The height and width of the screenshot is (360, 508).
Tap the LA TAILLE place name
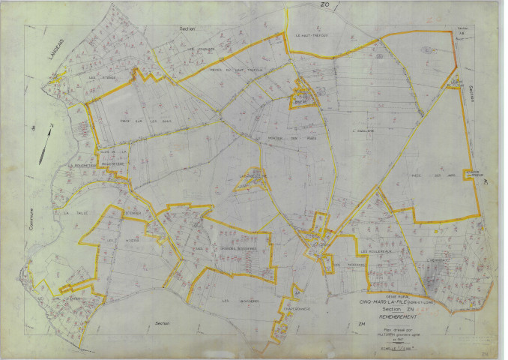pos(76,213)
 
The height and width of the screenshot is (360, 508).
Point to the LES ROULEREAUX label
pos(375,251)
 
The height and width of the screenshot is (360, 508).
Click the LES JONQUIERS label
pos(201,50)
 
